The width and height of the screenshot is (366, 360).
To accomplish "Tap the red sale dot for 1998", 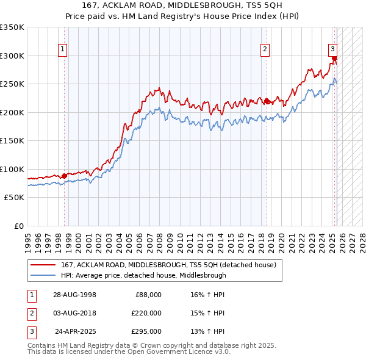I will coord(65,176).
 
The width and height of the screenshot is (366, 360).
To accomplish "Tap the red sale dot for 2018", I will coord(267,101).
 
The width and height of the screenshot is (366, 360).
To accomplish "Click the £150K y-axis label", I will coord(12,141).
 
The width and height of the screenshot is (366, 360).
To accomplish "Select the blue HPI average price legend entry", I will coord(143,275).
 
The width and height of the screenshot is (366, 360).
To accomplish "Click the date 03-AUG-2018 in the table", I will coord(74,313).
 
